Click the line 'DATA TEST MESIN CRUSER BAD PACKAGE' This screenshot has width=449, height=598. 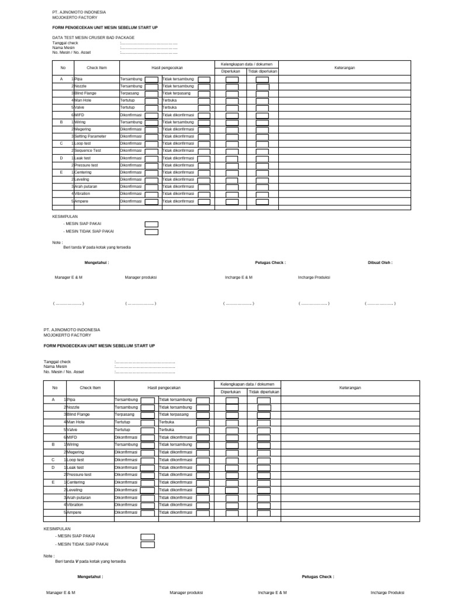pyautogui.click(x=93, y=37)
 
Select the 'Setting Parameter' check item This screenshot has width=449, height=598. pyautogui.click(x=90, y=136)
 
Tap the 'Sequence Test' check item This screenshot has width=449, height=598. pyautogui.click(x=88, y=150)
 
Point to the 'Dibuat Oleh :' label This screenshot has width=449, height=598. pyautogui.click(x=380, y=263)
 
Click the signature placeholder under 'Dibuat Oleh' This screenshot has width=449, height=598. pyautogui.click(x=380, y=304)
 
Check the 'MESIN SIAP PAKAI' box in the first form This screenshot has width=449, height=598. pyautogui.click(x=151, y=224)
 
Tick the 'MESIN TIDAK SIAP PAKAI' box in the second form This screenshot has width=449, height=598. pyautogui.click(x=147, y=544)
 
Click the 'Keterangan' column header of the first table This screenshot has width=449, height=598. pyautogui.click(x=344, y=68)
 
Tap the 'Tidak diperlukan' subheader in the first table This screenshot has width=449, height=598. pyautogui.click(x=263, y=71)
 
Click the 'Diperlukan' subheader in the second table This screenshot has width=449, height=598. pyautogui.click(x=230, y=392)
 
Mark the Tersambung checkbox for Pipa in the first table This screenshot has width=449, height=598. pyautogui.click(x=151, y=79)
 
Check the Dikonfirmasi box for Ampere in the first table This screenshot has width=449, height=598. pyautogui.click(x=151, y=201)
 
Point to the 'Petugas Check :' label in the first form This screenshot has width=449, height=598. pyautogui.click(x=270, y=263)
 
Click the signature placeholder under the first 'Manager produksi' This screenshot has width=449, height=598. pyautogui.click(x=140, y=304)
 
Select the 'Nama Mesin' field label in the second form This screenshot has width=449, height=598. pyautogui.click(x=56, y=367)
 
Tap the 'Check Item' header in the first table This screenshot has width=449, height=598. pyautogui.click(x=96, y=68)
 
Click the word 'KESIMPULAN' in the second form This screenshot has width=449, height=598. pyautogui.click(x=57, y=528)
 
